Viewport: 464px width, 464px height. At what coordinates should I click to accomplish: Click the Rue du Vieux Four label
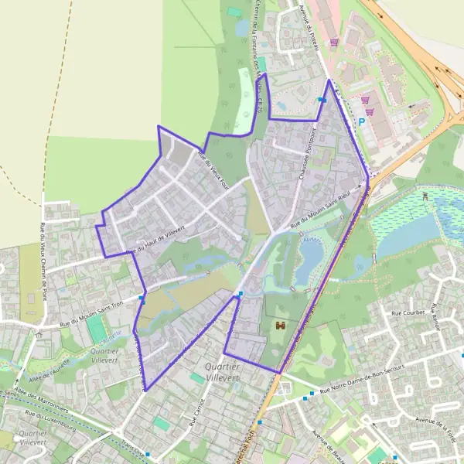click(209, 165)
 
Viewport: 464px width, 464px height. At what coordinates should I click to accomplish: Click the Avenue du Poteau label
click(307, 19)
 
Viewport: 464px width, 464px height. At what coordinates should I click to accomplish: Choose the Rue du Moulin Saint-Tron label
click(91, 312)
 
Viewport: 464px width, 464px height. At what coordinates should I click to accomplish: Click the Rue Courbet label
click(408, 313)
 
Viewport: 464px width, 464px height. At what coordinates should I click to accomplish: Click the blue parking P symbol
click(360, 122)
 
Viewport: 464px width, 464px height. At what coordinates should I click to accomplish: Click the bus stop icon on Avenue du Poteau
click(322, 100)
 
